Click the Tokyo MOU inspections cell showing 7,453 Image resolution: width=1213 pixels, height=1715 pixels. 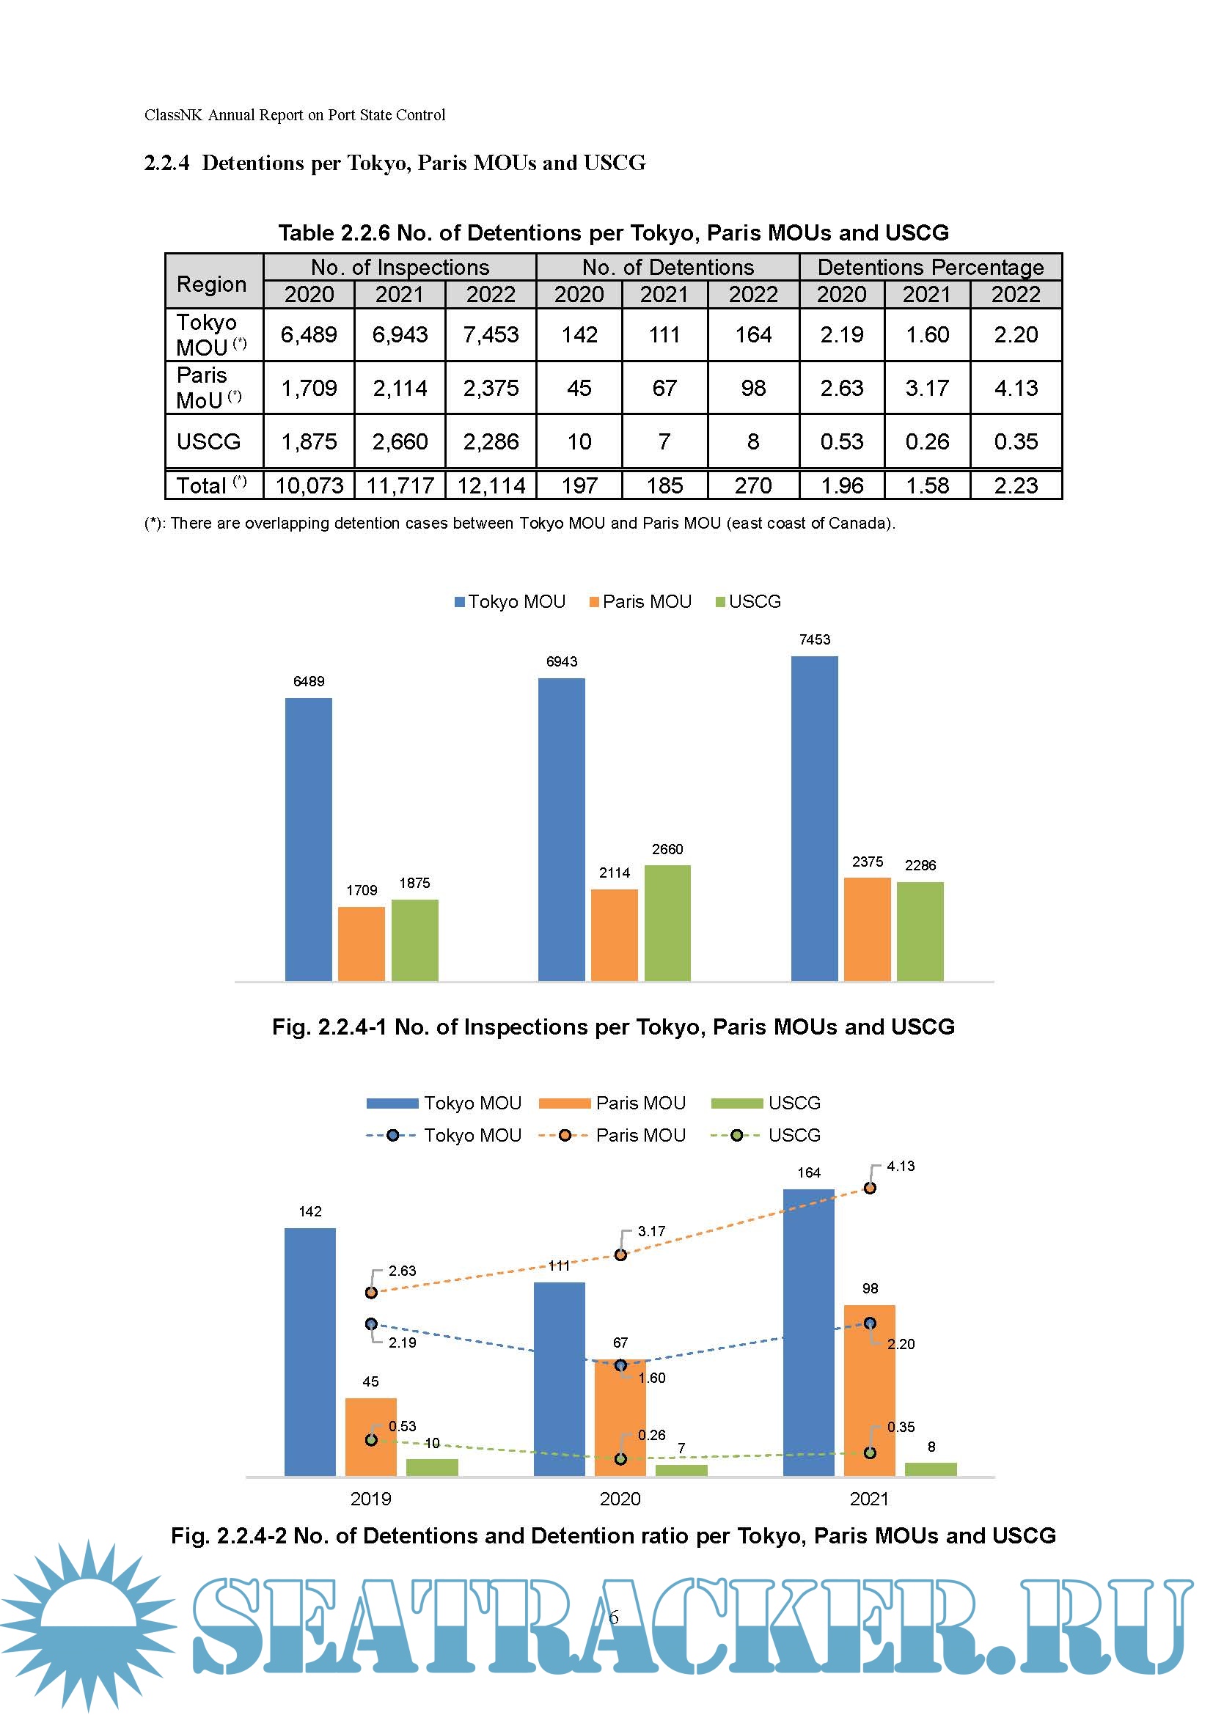pos(491,334)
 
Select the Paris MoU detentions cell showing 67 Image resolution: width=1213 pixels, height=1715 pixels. pos(664,388)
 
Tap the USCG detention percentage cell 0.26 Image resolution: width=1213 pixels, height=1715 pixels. pos(927,441)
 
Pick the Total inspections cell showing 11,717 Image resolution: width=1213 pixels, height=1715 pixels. pos(400,485)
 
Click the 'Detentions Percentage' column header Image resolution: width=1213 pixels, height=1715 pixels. pos(930,267)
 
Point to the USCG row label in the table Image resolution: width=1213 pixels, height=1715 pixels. pos(209,441)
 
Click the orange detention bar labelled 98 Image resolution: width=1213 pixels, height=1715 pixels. pos(870,1391)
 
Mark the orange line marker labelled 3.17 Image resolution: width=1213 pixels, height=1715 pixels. pos(620,1255)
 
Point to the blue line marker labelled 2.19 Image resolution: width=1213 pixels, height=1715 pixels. pos(371,1323)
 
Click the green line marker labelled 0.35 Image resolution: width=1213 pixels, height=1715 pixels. pos(871,1453)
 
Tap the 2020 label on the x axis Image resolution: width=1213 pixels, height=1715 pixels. pos(620,1499)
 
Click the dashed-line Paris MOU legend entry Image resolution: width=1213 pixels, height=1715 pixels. pos(612,1135)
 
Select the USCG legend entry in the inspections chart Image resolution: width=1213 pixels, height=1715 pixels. pos(749,602)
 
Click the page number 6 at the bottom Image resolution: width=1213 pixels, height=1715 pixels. pos(613,1618)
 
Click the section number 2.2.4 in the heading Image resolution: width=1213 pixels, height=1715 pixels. pos(166,163)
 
